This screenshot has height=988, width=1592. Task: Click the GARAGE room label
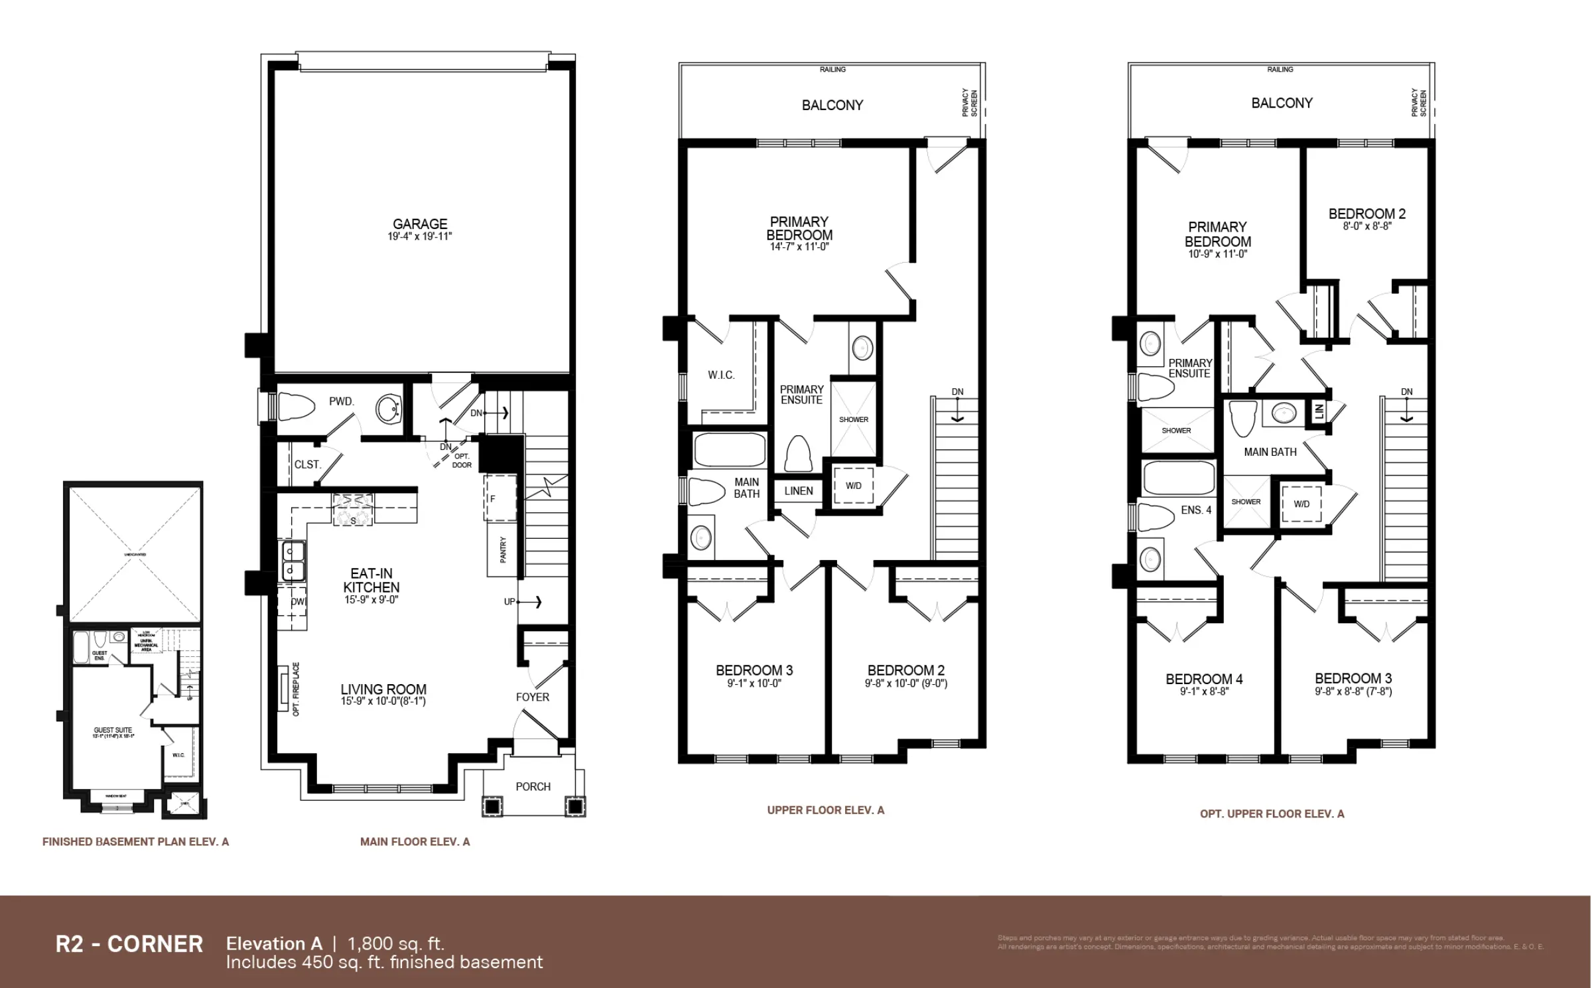click(x=420, y=224)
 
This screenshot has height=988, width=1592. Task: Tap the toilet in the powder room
click(x=295, y=407)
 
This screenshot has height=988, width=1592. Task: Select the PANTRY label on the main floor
click(x=503, y=549)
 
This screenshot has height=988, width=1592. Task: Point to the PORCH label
click(x=533, y=786)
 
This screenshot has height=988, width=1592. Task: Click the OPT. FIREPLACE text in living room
click(x=296, y=689)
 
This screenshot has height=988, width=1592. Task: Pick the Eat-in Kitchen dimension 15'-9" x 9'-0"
click(x=371, y=600)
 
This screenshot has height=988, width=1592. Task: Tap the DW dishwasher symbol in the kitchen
click(x=298, y=602)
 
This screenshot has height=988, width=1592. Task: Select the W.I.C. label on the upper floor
click(x=721, y=375)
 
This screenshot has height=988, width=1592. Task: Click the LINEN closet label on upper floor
click(x=798, y=491)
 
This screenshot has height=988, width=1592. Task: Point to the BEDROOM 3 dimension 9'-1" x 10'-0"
click(x=754, y=683)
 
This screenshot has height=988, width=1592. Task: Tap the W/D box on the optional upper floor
click(x=1301, y=504)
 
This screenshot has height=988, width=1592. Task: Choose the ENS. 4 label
click(x=1196, y=510)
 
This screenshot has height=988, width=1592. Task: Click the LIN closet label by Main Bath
click(x=1319, y=411)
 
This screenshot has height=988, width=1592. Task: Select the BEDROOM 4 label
click(x=1204, y=679)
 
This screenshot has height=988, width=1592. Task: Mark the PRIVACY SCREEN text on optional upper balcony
click(x=1418, y=103)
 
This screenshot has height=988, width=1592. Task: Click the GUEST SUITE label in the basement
click(x=113, y=730)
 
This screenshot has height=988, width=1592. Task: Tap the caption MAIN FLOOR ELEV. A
click(x=415, y=841)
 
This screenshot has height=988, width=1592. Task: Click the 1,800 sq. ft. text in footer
click(x=395, y=943)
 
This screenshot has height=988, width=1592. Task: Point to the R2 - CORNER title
click(x=129, y=944)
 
